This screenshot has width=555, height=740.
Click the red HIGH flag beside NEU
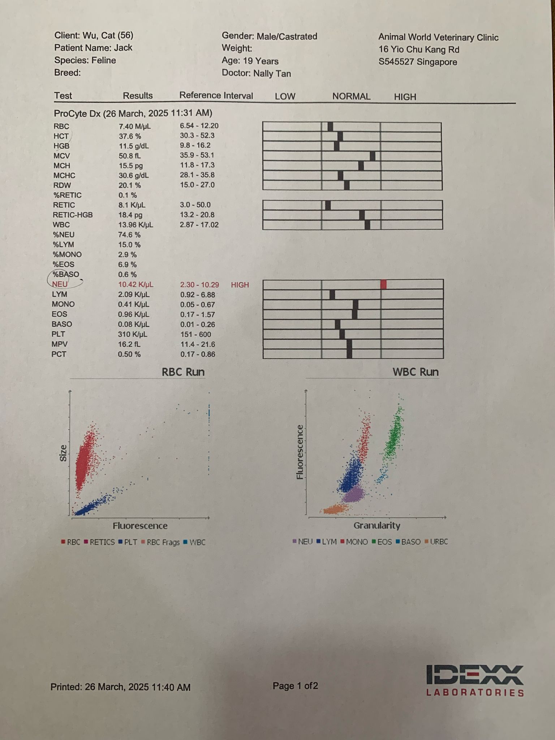click(240, 285)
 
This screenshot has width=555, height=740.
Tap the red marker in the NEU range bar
click(383, 284)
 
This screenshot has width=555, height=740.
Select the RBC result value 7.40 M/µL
click(134, 126)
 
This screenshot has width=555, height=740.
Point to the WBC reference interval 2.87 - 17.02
click(199, 225)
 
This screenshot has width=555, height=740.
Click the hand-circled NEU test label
click(60, 284)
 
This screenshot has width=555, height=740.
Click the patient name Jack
click(123, 48)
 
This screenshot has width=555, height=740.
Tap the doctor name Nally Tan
click(272, 74)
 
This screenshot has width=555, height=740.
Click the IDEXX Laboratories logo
click(475, 681)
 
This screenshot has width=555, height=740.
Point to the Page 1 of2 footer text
click(295, 686)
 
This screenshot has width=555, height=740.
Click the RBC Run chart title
click(183, 372)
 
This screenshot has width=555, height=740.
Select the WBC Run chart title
click(416, 372)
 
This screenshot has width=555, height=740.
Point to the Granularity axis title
click(377, 525)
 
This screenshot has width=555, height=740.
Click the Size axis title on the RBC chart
click(63, 453)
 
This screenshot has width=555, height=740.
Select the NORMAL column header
click(351, 96)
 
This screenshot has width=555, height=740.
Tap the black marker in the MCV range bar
click(373, 156)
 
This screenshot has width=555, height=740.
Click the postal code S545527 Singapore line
click(418, 62)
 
